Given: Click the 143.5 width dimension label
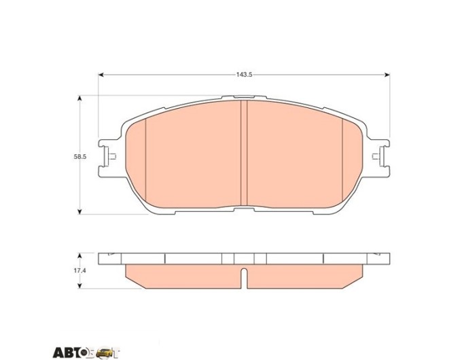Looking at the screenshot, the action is [244, 75].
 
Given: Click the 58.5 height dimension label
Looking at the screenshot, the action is [80, 157].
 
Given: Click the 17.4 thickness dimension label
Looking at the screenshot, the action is [79, 270].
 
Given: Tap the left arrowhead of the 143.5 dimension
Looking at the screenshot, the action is [101, 75].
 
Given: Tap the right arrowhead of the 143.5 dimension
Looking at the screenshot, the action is [387, 75].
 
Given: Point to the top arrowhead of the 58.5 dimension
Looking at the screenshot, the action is [79, 98].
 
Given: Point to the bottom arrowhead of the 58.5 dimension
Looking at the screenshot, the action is [79, 211].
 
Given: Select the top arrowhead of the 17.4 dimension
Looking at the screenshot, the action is [79, 255].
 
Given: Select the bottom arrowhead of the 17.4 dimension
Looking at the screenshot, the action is [79, 285].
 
